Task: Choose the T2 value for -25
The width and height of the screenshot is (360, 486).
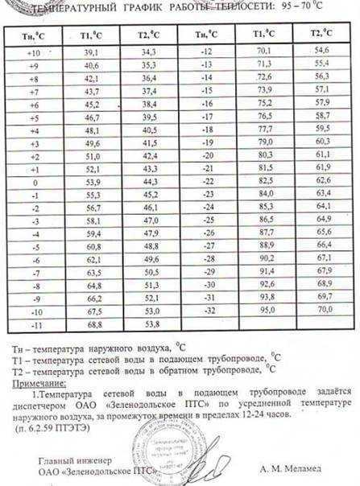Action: tap(324, 218)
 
